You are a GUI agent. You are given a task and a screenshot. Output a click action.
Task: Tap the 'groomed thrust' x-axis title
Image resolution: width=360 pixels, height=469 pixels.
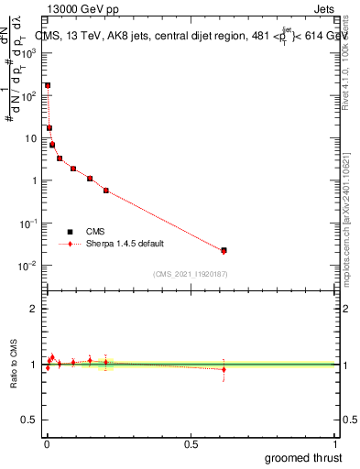(304, 457)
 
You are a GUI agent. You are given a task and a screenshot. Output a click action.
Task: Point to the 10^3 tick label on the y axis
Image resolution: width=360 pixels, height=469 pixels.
(29, 53)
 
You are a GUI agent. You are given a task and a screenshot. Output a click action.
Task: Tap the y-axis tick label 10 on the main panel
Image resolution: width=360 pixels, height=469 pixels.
(33, 138)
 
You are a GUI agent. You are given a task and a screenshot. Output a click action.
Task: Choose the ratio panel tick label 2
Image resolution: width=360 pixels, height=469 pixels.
(35, 309)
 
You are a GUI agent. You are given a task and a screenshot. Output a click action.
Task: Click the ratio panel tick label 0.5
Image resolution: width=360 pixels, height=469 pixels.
(31, 420)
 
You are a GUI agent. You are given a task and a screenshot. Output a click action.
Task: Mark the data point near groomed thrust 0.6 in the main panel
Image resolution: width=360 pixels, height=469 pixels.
(224, 250)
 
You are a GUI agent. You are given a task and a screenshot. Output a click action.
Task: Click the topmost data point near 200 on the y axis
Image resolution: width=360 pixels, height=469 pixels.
(48, 85)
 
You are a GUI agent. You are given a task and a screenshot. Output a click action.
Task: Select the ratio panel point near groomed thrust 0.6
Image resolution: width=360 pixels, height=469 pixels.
(224, 369)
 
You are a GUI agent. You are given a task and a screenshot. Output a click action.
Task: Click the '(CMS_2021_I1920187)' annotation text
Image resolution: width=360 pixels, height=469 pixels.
(190, 274)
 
